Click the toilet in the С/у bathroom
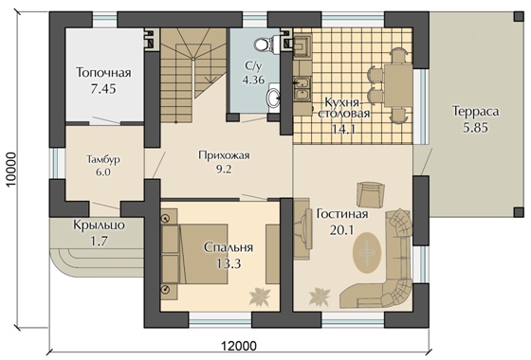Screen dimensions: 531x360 [265, 44]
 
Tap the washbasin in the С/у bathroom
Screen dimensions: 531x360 [274, 98]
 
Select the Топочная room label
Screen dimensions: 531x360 [103, 72]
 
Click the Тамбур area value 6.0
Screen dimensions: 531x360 [103, 172]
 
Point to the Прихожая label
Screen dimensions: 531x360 [224, 155]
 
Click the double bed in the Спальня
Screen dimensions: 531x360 [194, 254]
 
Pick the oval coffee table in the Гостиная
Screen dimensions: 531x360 [367, 252]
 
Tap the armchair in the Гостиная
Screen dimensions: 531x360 [371, 194]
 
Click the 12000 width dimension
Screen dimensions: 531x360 [239, 346]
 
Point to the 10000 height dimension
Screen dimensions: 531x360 [11, 170]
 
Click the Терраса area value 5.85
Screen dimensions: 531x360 [475, 128]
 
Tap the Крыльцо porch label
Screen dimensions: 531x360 [99, 225]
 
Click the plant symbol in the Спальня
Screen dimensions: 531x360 [260, 297]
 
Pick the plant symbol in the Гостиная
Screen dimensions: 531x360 [320, 297]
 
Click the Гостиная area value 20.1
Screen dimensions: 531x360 [341, 230]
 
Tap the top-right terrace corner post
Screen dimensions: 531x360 [519, 16]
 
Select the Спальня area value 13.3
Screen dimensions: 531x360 [229, 263]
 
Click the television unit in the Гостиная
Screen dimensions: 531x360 [302, 229]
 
